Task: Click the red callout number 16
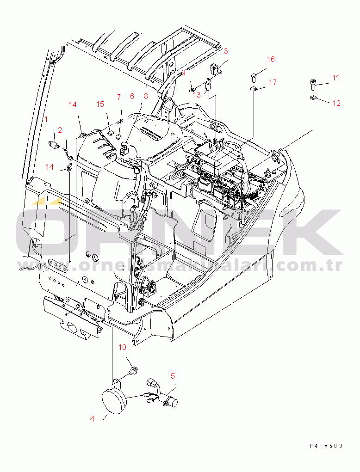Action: point(271,59)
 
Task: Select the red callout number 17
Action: point(273,82)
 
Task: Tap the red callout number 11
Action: point(335,78)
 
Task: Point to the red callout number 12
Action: point(336,103)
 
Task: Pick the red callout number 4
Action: point(92,419)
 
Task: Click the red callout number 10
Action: point(122,347)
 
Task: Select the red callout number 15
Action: point(100,104)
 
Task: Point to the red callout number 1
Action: point(46,119)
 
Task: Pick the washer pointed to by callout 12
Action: point(312,97)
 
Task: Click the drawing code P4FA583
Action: point(326,446)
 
